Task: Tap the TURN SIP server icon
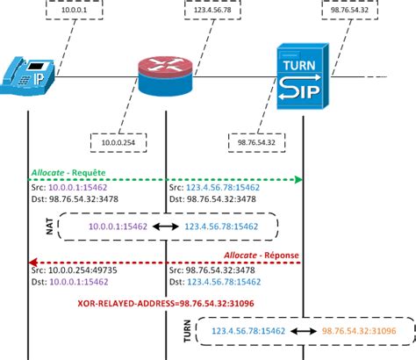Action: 303,78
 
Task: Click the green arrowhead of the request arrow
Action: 298,179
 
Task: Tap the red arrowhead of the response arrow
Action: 33,262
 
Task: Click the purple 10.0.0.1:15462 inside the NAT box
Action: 117,227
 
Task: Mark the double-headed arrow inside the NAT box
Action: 165,227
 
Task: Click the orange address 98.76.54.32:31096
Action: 358,333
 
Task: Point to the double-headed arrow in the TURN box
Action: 303,333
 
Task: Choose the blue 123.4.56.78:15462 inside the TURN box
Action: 248,333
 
